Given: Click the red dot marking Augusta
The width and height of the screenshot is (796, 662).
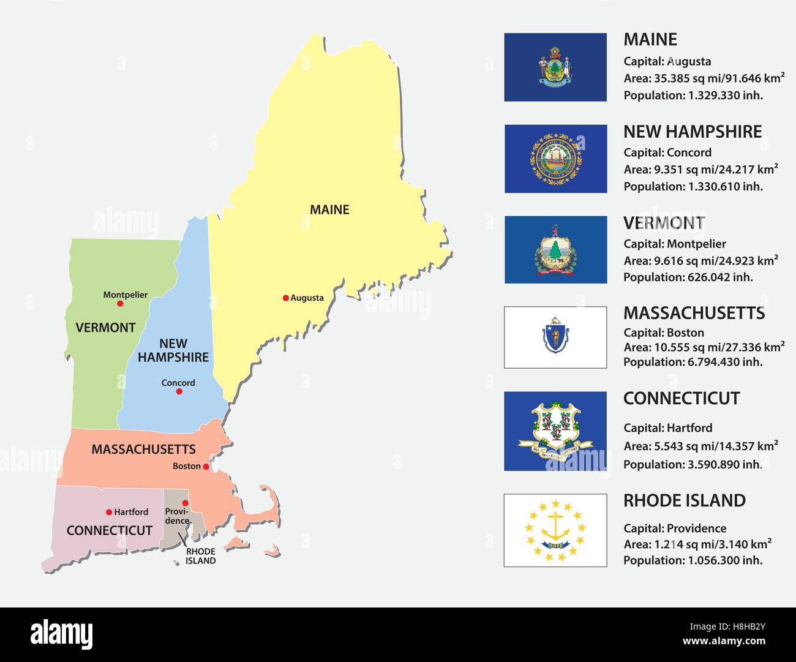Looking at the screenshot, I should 285,298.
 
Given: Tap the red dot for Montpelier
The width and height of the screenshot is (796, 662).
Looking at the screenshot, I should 120,304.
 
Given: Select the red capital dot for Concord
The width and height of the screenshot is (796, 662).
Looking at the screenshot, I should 179,391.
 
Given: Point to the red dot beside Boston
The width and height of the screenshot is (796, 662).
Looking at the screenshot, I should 206,467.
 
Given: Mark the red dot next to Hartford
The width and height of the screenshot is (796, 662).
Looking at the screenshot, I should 109,512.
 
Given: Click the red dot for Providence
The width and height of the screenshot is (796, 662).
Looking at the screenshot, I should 186,503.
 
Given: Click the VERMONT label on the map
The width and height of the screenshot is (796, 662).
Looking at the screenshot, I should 105,328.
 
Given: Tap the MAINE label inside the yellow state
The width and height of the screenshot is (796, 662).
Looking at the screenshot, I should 329,209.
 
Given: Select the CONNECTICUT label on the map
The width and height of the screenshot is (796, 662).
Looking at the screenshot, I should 109,530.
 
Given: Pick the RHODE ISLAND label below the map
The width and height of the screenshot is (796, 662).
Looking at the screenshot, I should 201,556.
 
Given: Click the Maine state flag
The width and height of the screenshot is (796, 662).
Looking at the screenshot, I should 555,67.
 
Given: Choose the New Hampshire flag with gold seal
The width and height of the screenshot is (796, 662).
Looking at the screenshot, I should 555,159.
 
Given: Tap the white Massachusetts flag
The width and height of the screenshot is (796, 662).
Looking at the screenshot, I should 555,337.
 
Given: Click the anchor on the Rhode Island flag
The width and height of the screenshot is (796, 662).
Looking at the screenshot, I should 555,527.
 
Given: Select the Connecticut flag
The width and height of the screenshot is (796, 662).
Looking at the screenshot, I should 555,431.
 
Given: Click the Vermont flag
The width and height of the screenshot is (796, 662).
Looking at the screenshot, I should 555,249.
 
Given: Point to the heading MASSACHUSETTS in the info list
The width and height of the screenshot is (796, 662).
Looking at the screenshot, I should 694,313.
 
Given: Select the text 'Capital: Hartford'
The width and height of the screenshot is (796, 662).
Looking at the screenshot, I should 668,428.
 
